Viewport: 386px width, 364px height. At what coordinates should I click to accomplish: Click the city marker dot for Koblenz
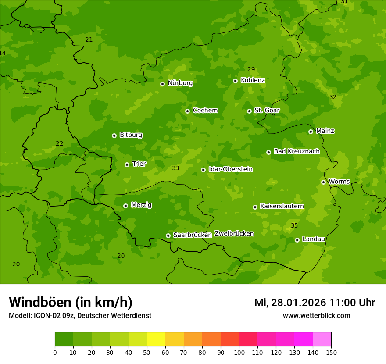click(235, 81)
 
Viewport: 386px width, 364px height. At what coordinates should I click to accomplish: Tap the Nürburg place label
click(180, 83)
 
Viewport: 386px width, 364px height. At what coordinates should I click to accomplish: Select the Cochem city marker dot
click(187, 111)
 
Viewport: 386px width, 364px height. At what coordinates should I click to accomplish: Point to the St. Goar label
click(267, 111)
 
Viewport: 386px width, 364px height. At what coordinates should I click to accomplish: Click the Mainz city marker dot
click(311, 132)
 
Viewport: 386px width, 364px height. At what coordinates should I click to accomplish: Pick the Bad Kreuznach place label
click(297, 152)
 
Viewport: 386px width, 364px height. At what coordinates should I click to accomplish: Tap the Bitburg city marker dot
click(114, 136)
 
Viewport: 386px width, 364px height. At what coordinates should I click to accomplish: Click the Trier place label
click(139, 164)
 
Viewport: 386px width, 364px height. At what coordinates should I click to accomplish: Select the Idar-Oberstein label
click(230, 169)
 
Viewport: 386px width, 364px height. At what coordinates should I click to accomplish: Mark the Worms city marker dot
click(323, 182)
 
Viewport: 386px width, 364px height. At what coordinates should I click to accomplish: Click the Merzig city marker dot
click(125, 206)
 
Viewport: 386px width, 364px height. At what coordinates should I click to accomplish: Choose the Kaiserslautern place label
click(282, 206)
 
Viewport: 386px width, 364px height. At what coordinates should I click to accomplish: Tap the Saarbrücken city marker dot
click(168, 236)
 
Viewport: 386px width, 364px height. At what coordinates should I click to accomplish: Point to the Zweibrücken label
click(234, 234)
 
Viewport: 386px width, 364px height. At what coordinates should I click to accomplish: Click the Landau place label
click(314, 239)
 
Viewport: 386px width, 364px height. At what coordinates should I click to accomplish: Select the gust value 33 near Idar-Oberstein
click(175, 168)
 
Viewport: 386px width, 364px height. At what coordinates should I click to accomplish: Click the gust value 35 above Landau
click(294, 226)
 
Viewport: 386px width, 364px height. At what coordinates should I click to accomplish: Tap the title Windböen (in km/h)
click(71, 303)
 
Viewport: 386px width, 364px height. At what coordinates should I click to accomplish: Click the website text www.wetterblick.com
click(316, 316)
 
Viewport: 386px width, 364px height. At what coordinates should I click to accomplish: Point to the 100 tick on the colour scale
click(239, 352)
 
